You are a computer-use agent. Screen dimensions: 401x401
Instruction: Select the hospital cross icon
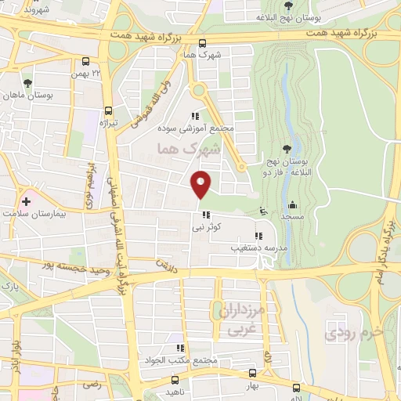[26, 201]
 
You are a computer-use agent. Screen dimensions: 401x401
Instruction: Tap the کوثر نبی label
[207, 227]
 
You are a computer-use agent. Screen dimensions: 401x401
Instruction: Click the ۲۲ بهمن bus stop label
[87, 72]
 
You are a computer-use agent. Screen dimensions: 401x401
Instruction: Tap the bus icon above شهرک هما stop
[203, 44]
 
